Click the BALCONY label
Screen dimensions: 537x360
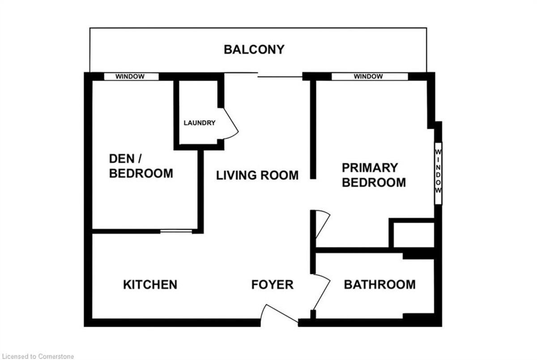coord(254,50)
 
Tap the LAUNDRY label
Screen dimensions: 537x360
coord(200,123)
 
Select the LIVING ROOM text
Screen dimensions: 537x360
coord(257,175)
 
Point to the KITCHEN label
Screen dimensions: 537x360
coord(150,284)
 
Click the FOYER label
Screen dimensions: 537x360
coord(273,284)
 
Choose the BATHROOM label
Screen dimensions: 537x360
coord(380,284)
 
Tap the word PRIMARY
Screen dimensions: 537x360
coord(370,168)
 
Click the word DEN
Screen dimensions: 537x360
coord(122,159)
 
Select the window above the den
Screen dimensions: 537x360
coord(132,76)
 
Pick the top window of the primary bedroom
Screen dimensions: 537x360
coord(370,76)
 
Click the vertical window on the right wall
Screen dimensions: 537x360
coord(438,174)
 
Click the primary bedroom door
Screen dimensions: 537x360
coord(323,224)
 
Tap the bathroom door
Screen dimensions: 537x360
coord(322,292)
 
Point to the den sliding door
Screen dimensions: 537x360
coord(176,231)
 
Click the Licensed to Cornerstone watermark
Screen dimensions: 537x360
coord(38,356)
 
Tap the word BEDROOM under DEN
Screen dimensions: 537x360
coord(141,174)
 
